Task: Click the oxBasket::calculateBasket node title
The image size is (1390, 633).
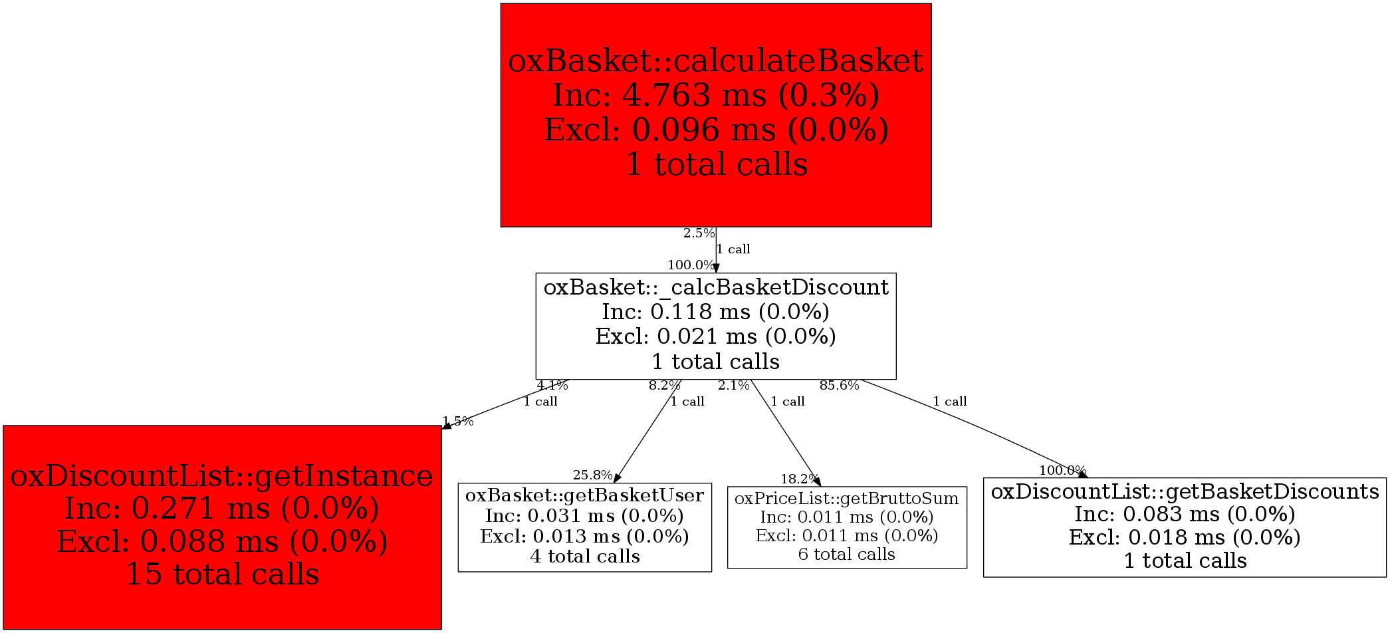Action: (x=715, y=61)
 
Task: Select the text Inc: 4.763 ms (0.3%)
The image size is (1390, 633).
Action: (x=716, y=95)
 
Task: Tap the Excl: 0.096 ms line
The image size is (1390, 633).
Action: (x=716, y=130)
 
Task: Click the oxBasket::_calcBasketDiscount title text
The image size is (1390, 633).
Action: (x=716, y=287)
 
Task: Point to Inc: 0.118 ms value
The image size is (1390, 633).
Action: (x=716, y=312)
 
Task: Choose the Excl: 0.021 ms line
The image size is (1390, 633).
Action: (x=716, y=336)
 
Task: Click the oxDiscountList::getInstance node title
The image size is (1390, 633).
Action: (x=222, y=476)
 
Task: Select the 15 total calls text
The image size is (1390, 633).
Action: (x=222, y=574)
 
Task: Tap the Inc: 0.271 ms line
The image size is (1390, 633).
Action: (x=222, y=509)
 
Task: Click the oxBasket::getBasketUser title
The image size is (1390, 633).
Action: (x=584, y=495)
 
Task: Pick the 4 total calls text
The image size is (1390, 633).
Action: (x=584, y=557)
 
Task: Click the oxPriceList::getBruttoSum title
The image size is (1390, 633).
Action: (x=847, y=499)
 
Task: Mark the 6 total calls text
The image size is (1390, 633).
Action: (x=847, y=555)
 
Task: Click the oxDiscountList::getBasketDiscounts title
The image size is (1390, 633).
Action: (x=1185, y=491)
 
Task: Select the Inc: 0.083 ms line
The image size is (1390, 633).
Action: (x=1185, y=514)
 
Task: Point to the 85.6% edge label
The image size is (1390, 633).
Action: (x=839, y=386)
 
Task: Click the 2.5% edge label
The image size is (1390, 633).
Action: (x=699, y=233)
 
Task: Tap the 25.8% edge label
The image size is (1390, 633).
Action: (x=592, y=475)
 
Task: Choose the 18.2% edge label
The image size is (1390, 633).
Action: (x=799, y=479)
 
